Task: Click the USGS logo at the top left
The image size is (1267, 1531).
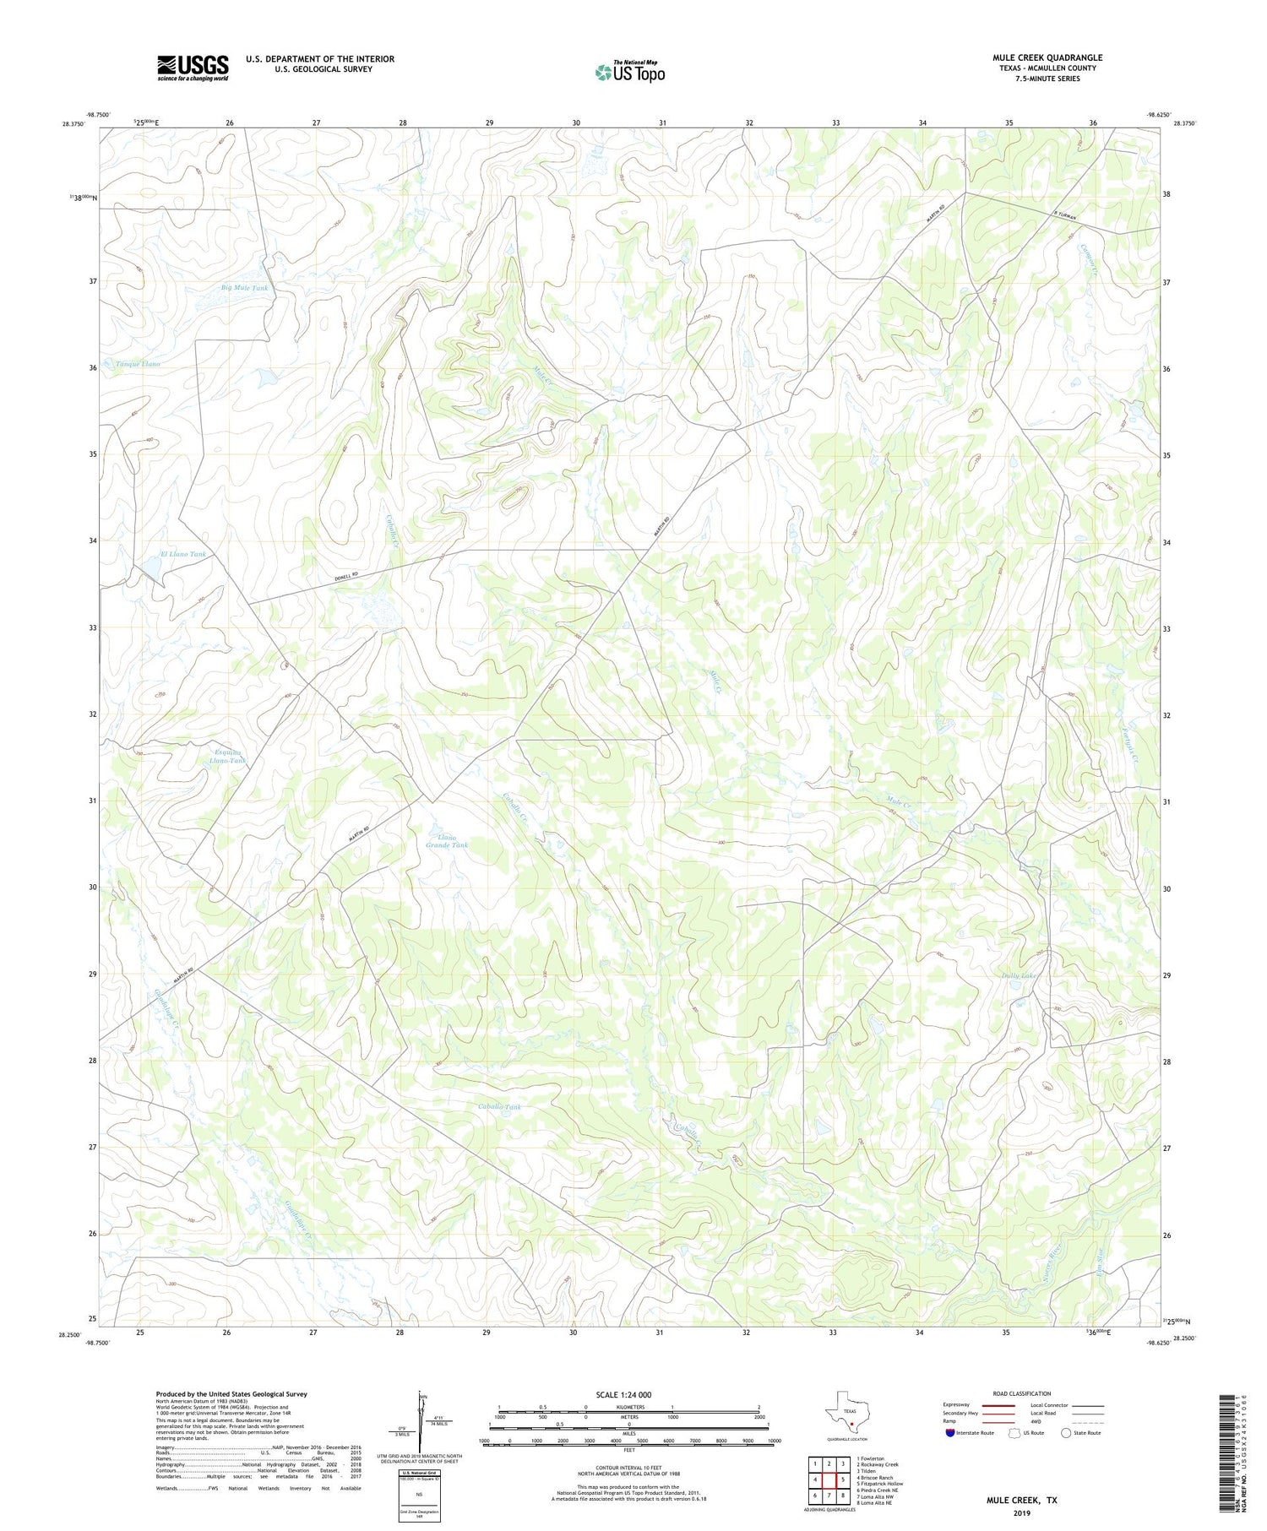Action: click(193, 68)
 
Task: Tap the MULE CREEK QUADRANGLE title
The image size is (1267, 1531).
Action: click(1047, 57)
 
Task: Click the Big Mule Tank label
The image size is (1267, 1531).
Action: click(244, 288)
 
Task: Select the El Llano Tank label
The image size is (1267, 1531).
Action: click(183, 554)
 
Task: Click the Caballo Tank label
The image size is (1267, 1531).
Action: click(499, 1106)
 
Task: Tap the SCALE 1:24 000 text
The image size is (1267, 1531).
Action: click(624, 1394)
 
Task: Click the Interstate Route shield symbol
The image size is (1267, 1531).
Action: click(949, 1433)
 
